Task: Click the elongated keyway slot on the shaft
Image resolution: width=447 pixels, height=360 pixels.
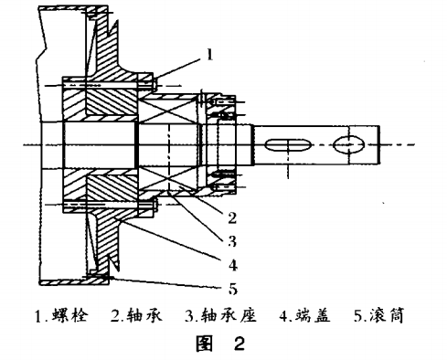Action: click(x=290, y=144)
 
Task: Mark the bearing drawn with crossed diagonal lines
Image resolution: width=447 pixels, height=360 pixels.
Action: click(x=168, y=144)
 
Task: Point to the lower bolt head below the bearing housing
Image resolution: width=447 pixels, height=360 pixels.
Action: click(x=156, y=206)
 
